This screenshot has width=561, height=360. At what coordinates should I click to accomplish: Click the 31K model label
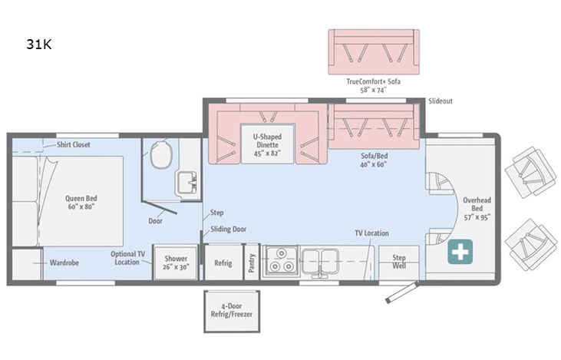[x=38, y=45]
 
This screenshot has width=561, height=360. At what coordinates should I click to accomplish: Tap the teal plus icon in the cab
[x=460, y=252]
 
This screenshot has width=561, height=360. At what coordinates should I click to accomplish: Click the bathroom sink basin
[x=186, y=182]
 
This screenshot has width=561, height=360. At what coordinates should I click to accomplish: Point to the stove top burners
[x=281, y=261]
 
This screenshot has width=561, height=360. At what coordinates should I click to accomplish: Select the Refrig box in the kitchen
[x=223, y=263]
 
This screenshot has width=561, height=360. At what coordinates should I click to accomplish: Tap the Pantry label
[x=252, y=262]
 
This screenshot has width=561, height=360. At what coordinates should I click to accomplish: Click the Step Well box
[x=399, y=263]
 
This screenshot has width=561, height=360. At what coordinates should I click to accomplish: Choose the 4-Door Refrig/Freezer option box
[x=231, y=311]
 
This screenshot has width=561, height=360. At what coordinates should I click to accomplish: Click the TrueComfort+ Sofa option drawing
[x=374, y=51]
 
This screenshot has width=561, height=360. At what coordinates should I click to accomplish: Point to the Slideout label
[x=441, y=101]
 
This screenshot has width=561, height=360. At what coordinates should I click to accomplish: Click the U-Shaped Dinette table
[x=267, y=144]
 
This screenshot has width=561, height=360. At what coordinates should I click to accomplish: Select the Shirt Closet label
[x=73, y=144]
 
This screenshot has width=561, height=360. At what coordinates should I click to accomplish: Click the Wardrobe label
[x=64, y=263]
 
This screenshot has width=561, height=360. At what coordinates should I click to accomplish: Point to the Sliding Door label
[x=229, y=229]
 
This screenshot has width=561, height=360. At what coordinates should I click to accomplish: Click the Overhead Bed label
[x=476, y=207]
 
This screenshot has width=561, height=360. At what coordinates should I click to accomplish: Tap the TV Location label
[x=371, y=233]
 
